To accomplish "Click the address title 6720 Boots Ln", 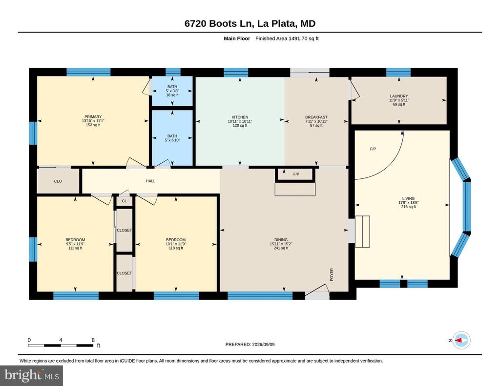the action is [x=219, y=23].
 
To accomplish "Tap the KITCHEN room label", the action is [x=240, y=117].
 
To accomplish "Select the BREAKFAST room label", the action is [x=316, y=117].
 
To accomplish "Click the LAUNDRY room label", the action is [x=399, y=96].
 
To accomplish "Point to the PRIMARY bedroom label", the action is [x=93, y=117].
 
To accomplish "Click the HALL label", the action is [x=150, y=181].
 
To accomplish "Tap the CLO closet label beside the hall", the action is [x=58, y=181].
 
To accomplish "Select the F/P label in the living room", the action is [x=373, y=149].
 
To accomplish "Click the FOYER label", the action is [x=332, y=274].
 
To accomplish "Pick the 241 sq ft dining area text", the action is [x=281, y=248].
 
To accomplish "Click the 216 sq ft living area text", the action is [x=409, y=207].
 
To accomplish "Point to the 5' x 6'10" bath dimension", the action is [x=172, y=140].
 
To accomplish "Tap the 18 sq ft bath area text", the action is [x=172, y=95].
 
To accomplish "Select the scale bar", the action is [x=61, y=345].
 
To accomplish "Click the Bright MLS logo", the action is [x=32, y=375].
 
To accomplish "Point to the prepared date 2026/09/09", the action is [x=263, y=344].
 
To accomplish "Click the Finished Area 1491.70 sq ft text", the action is [x=287, y=39].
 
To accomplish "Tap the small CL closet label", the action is [x=125, y=201].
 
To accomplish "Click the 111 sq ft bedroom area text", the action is [x=75, y=248].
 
